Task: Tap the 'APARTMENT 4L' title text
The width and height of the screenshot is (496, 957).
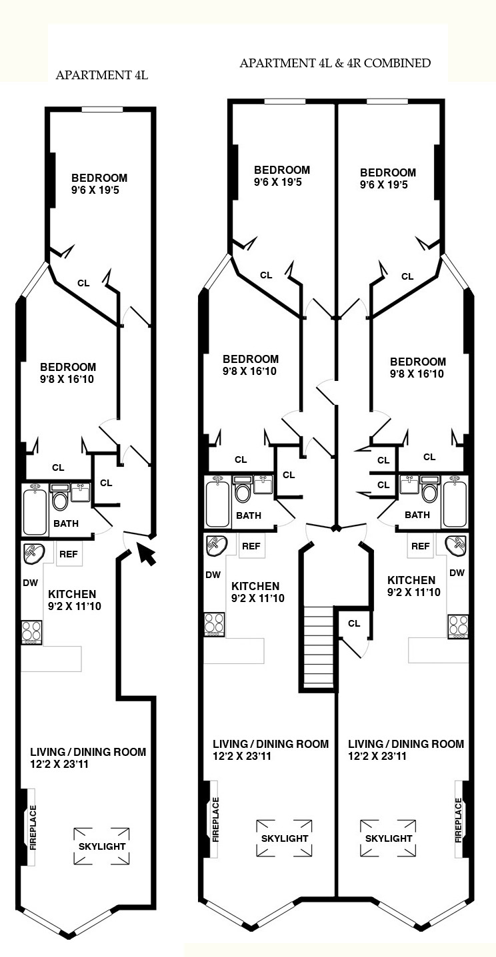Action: (x=102, y=75)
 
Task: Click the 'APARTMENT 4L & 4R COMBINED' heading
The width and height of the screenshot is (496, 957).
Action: (x=335, y=63)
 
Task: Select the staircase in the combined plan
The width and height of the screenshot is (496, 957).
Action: (x=318, y=647)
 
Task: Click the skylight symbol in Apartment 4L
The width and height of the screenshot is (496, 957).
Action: (x=102, y=846)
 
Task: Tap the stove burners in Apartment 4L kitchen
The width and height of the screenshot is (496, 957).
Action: (x=31, y=631)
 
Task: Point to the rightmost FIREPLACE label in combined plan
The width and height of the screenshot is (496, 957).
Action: (x=459, y=820)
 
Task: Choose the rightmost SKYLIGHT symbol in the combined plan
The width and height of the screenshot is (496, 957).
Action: (x=389, y=838)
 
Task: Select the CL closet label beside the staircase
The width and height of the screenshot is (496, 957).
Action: (x=354, y=623)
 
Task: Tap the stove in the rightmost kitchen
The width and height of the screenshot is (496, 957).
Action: (x=458, y=626)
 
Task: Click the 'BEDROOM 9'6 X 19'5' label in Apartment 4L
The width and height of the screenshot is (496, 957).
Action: (x=99, y=184)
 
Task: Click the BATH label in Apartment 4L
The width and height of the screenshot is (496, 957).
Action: (x=66, y=523)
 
